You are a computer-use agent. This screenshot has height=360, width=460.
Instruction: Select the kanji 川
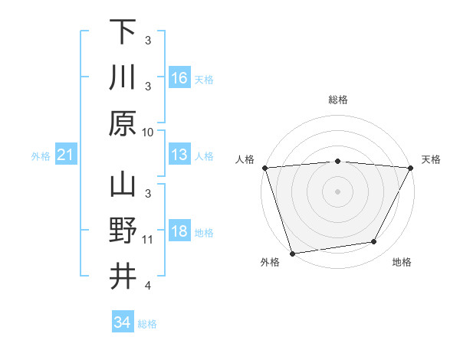[x=123, y=77]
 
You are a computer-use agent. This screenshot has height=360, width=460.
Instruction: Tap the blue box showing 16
[x=179, y=77]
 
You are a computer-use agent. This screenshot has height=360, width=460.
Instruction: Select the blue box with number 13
[x=179, y=155]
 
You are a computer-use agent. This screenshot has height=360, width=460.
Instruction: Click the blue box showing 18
[x=179, y=232]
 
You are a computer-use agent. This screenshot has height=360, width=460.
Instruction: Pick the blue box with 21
[x=66, y=155]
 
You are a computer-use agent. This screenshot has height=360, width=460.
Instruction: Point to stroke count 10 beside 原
[x=149, y=132]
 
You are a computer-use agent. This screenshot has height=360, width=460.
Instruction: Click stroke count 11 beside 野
[x=148, y=240]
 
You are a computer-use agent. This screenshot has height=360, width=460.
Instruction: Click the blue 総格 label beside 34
[x=148, y=324]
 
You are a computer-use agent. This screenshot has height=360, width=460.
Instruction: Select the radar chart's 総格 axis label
[x=337, y=100]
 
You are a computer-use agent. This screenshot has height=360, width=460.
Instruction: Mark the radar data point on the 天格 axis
[x=411, y=168]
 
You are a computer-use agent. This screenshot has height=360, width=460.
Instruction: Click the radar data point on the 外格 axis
[x=292, y=254]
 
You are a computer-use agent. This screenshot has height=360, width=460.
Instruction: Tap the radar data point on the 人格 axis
[x=264, y=168]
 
